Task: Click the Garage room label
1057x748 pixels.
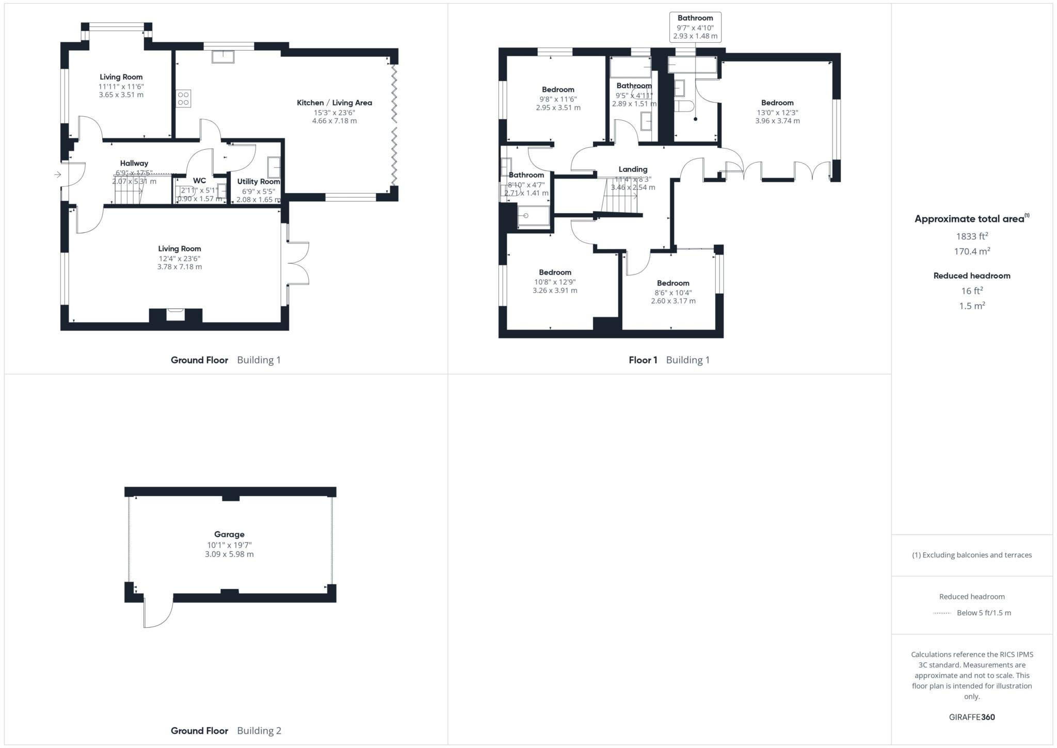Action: tap(229, 534)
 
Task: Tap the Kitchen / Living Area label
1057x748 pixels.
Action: tap(334, 103)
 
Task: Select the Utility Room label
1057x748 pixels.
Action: tap(259, 181)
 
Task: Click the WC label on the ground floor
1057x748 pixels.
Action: tap(199, 181)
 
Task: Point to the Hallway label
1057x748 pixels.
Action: tap(134, 163)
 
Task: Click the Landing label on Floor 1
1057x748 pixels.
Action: tap(633, 169)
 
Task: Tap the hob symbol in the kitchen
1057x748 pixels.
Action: tap(183, 98)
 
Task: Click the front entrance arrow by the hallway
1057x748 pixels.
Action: tap(57, 175)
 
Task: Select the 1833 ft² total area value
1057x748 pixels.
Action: tap(972, 236)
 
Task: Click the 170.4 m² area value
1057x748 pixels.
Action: tap(972, 251)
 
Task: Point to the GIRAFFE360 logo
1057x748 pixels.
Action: tap(972, 717)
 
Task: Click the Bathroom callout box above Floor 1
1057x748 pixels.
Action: tap(695, 27)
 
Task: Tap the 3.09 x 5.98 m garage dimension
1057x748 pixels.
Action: tap(229, 554)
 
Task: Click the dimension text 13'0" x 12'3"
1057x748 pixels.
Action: tap(777, 113)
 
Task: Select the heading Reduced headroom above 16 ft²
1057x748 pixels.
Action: tap(972, 276)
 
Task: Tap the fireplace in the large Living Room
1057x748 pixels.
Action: tap(175, 314)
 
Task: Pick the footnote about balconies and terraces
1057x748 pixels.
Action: tap(972, 555)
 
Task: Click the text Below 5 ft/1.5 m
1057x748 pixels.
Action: tap(984, 613)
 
